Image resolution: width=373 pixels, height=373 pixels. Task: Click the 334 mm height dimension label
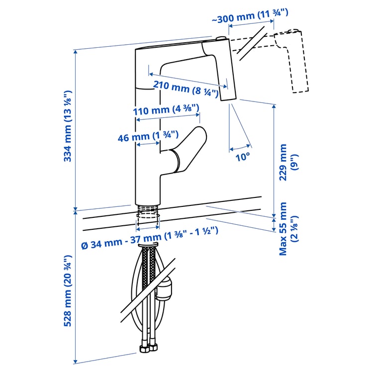68,126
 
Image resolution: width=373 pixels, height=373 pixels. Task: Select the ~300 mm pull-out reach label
250,16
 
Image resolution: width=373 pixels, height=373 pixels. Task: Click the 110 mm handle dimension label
167,109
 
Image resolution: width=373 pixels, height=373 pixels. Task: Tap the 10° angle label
243,157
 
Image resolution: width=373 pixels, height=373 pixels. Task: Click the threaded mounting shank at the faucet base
148,213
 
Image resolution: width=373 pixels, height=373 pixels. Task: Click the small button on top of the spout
221,38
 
